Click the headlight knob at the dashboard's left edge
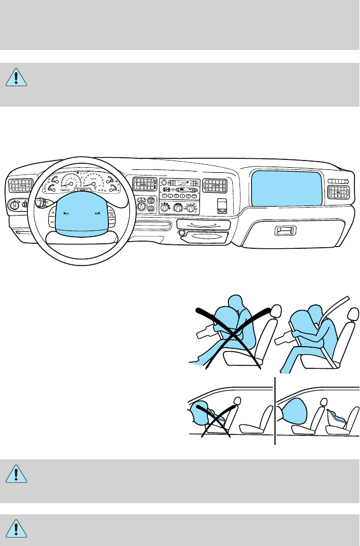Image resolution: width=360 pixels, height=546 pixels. (13, 206)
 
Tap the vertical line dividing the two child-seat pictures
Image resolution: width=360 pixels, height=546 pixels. (275, 411)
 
